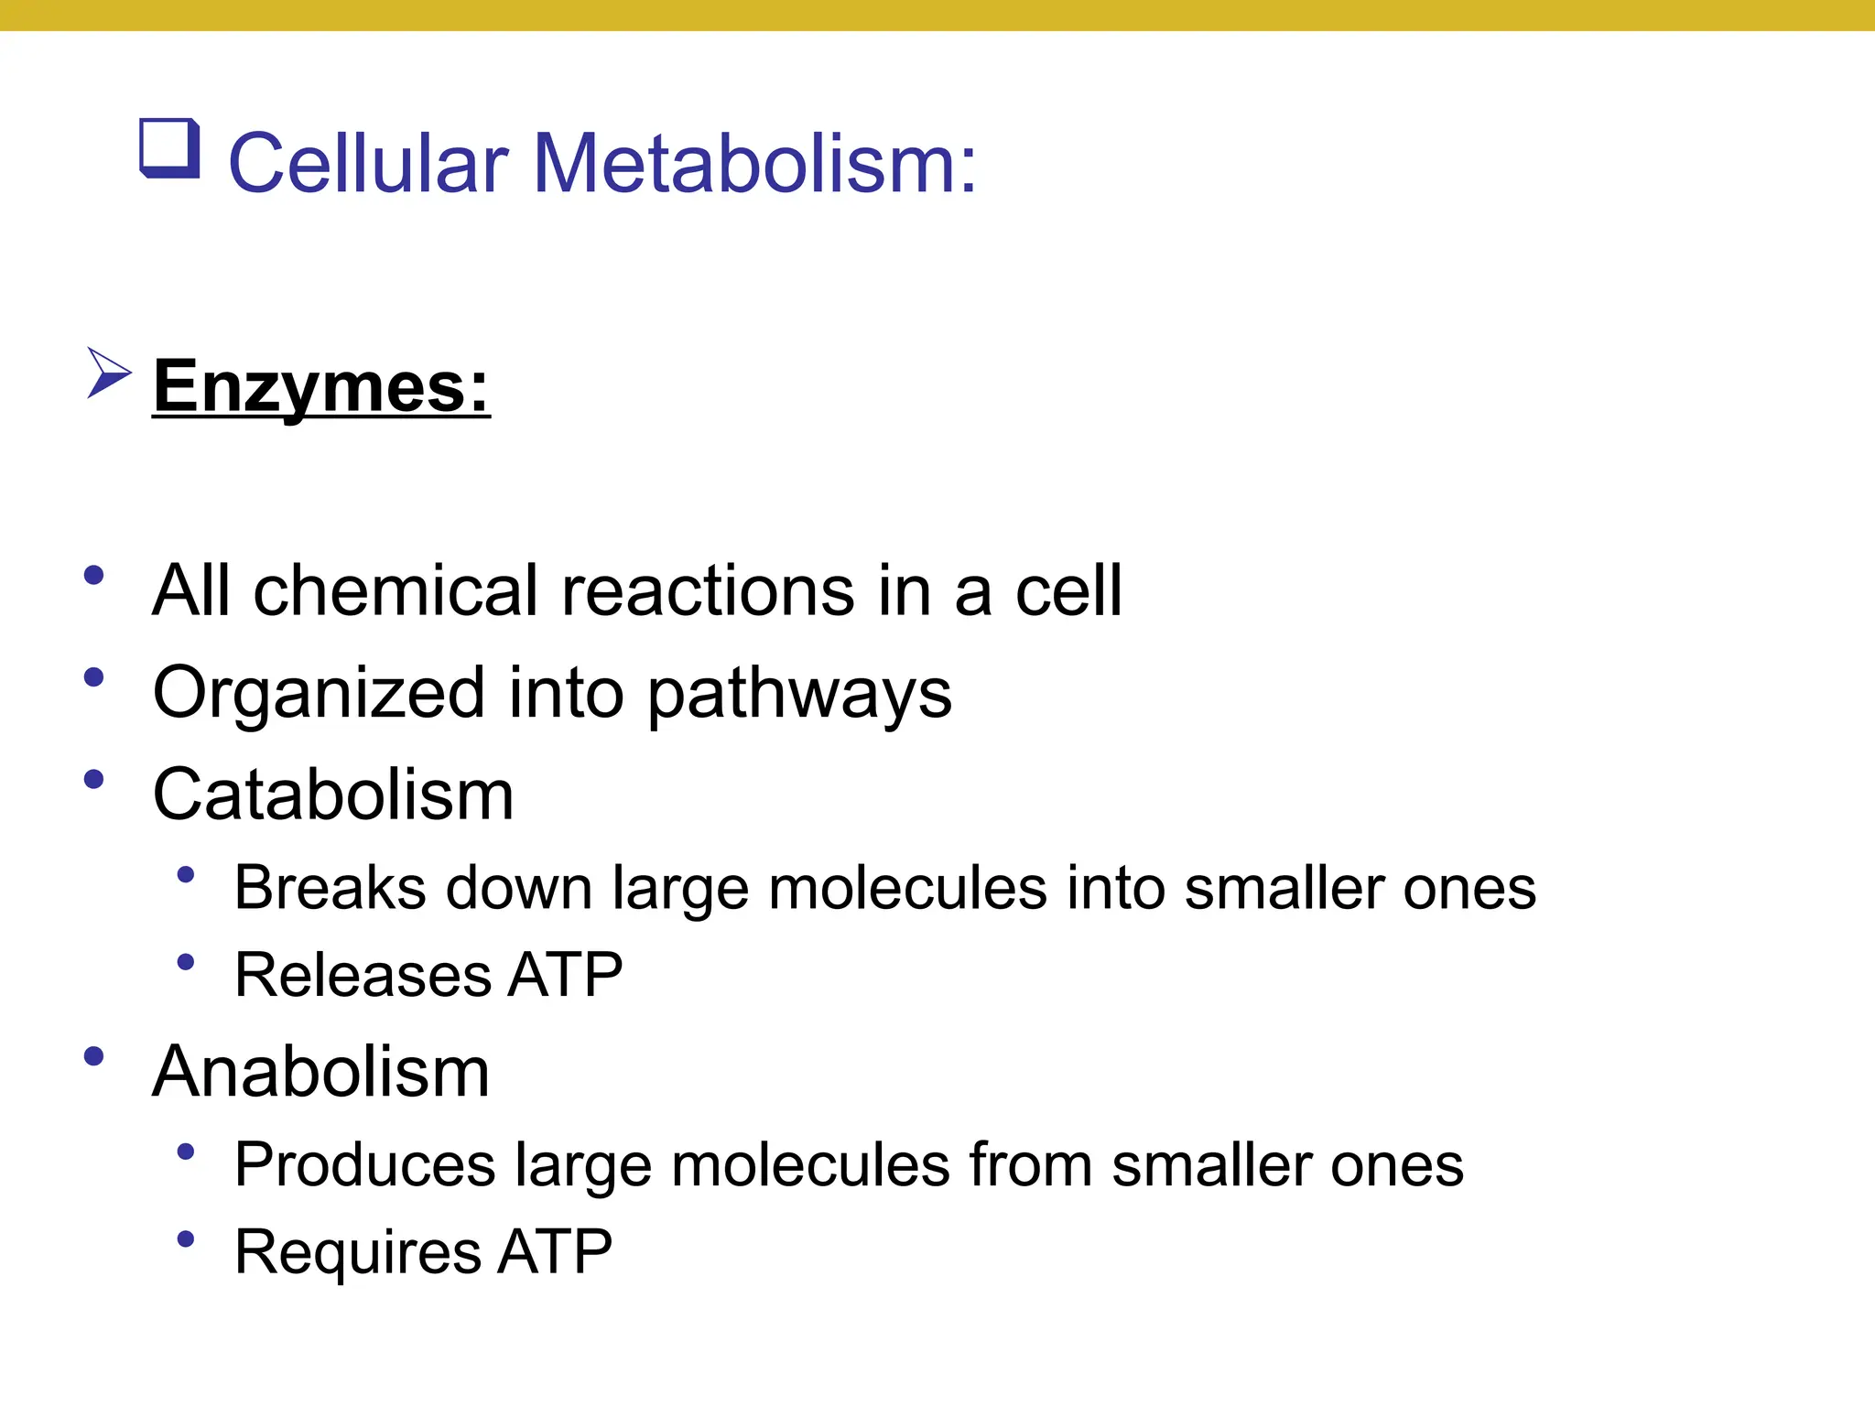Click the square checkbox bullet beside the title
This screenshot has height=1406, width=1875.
(169, 148)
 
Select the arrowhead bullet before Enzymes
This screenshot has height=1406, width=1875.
(108, 373)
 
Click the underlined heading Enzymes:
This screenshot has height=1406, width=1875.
(321, 386)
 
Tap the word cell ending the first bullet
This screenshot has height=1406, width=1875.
(1068, 590)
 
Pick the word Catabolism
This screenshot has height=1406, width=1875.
(333, 795)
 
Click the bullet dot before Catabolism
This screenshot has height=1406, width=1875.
(93, 780)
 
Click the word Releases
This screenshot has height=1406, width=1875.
(363, 974)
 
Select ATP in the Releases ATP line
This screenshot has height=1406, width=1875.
(566, 974)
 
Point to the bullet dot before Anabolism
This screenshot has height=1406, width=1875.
(93, 1056)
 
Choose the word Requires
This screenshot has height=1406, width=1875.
(358, 1251)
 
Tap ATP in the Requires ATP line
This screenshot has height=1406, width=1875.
(555, 1251)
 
